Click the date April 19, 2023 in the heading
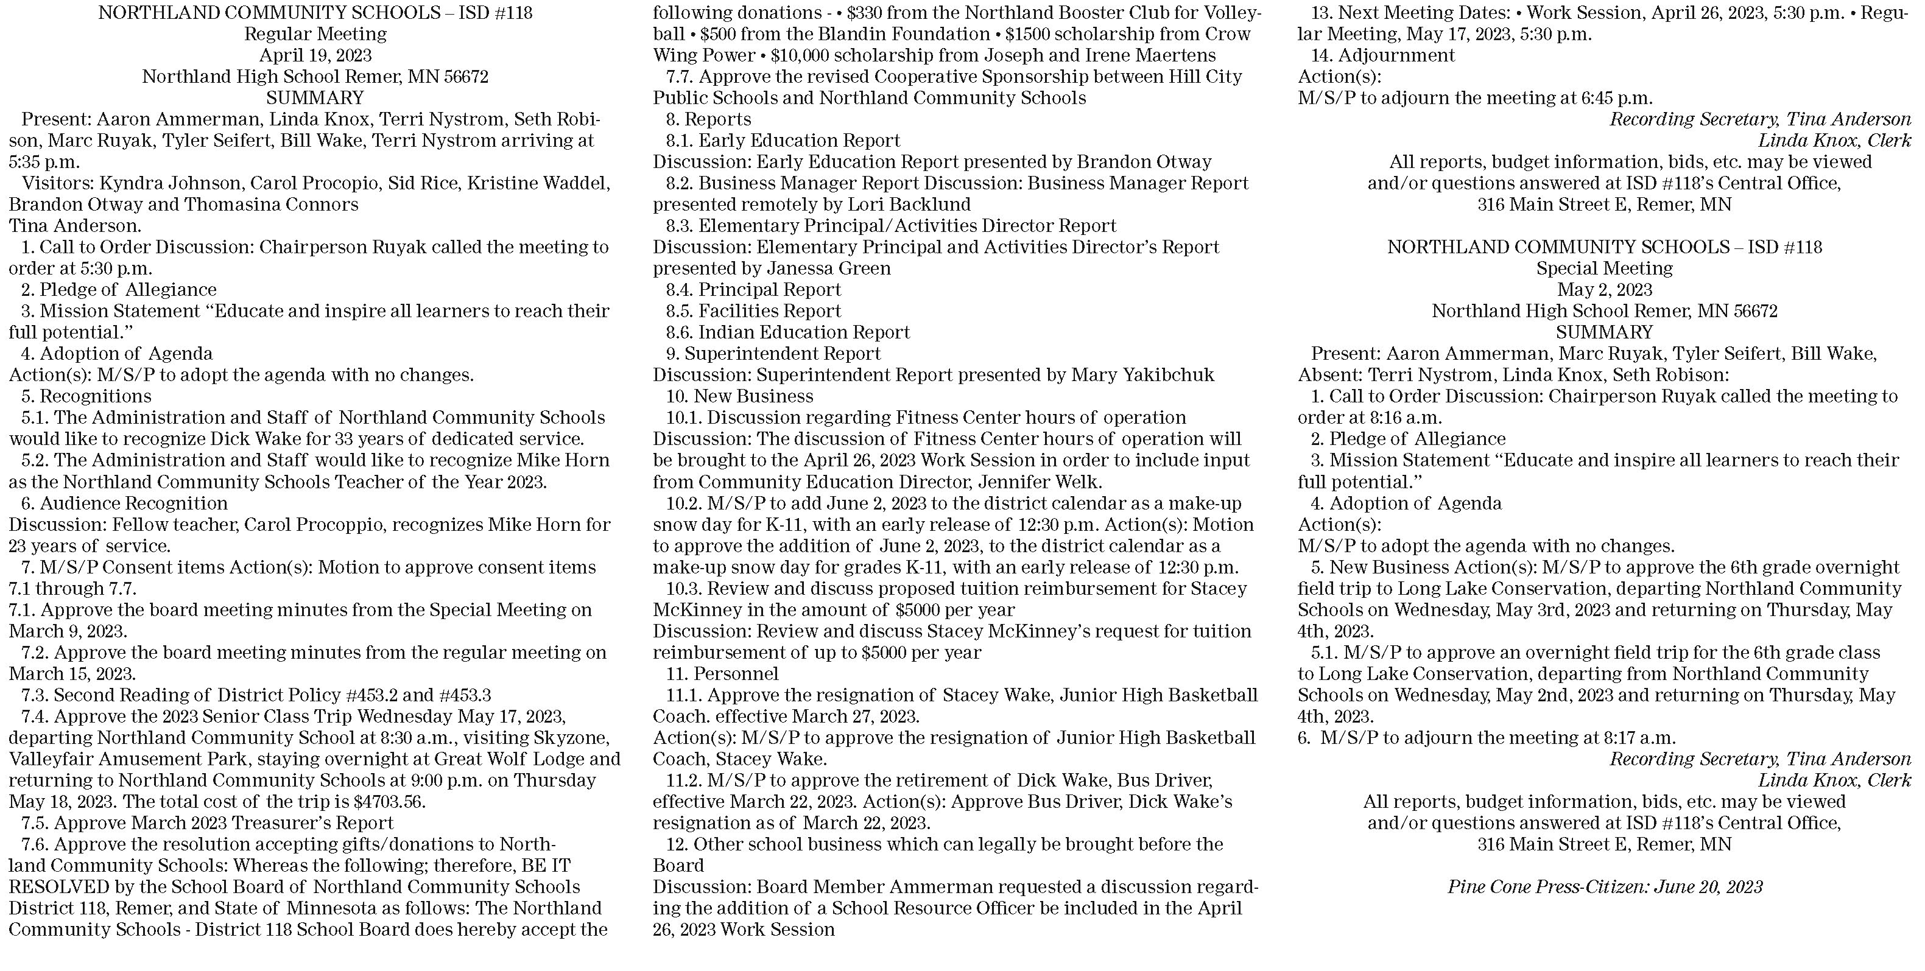tap(315, 55)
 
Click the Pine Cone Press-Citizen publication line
tap(1605, 886)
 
